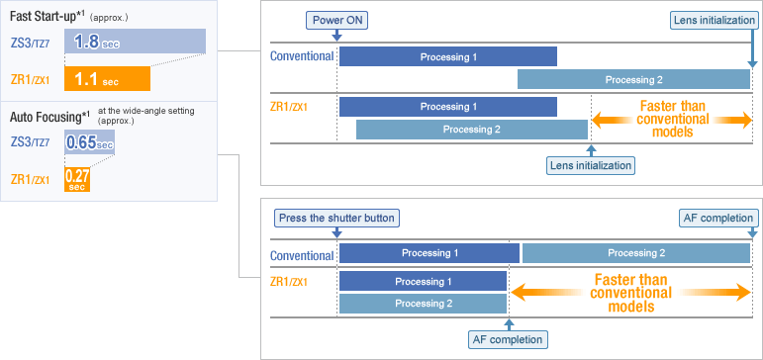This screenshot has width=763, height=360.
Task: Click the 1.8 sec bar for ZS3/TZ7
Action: pos(135,41)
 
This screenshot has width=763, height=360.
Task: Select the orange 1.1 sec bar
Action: pos(107,78)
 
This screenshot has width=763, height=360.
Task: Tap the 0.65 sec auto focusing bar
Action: pos(89,142)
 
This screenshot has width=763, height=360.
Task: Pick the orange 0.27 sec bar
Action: pos(77,179)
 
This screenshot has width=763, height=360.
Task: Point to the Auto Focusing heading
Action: pos(50,117)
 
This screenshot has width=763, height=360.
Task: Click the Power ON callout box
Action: pos(336,21)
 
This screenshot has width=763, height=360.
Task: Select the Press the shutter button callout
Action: pos(337,218)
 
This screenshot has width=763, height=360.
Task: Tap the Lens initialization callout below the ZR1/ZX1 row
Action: pos(591,165)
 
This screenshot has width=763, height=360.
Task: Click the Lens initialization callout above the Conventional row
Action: pos(714,21)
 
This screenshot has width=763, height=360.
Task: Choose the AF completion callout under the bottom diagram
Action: pos(508,339)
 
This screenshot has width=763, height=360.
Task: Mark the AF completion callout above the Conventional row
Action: pos(718,218)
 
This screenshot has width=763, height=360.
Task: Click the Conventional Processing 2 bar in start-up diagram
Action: pos(633,79)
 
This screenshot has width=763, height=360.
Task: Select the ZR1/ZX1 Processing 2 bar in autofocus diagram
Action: pos(424,304)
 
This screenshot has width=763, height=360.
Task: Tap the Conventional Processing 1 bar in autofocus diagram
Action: pos(429,253)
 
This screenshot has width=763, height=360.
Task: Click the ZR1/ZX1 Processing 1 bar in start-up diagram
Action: pos(448,107)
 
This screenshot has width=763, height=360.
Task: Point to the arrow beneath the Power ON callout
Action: pos(336,35)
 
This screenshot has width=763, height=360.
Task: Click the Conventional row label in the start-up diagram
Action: pos(302,56)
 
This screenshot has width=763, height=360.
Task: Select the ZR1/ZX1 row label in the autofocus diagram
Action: pos(289,281)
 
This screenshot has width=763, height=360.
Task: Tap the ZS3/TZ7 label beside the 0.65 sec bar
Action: pos(30,142)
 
